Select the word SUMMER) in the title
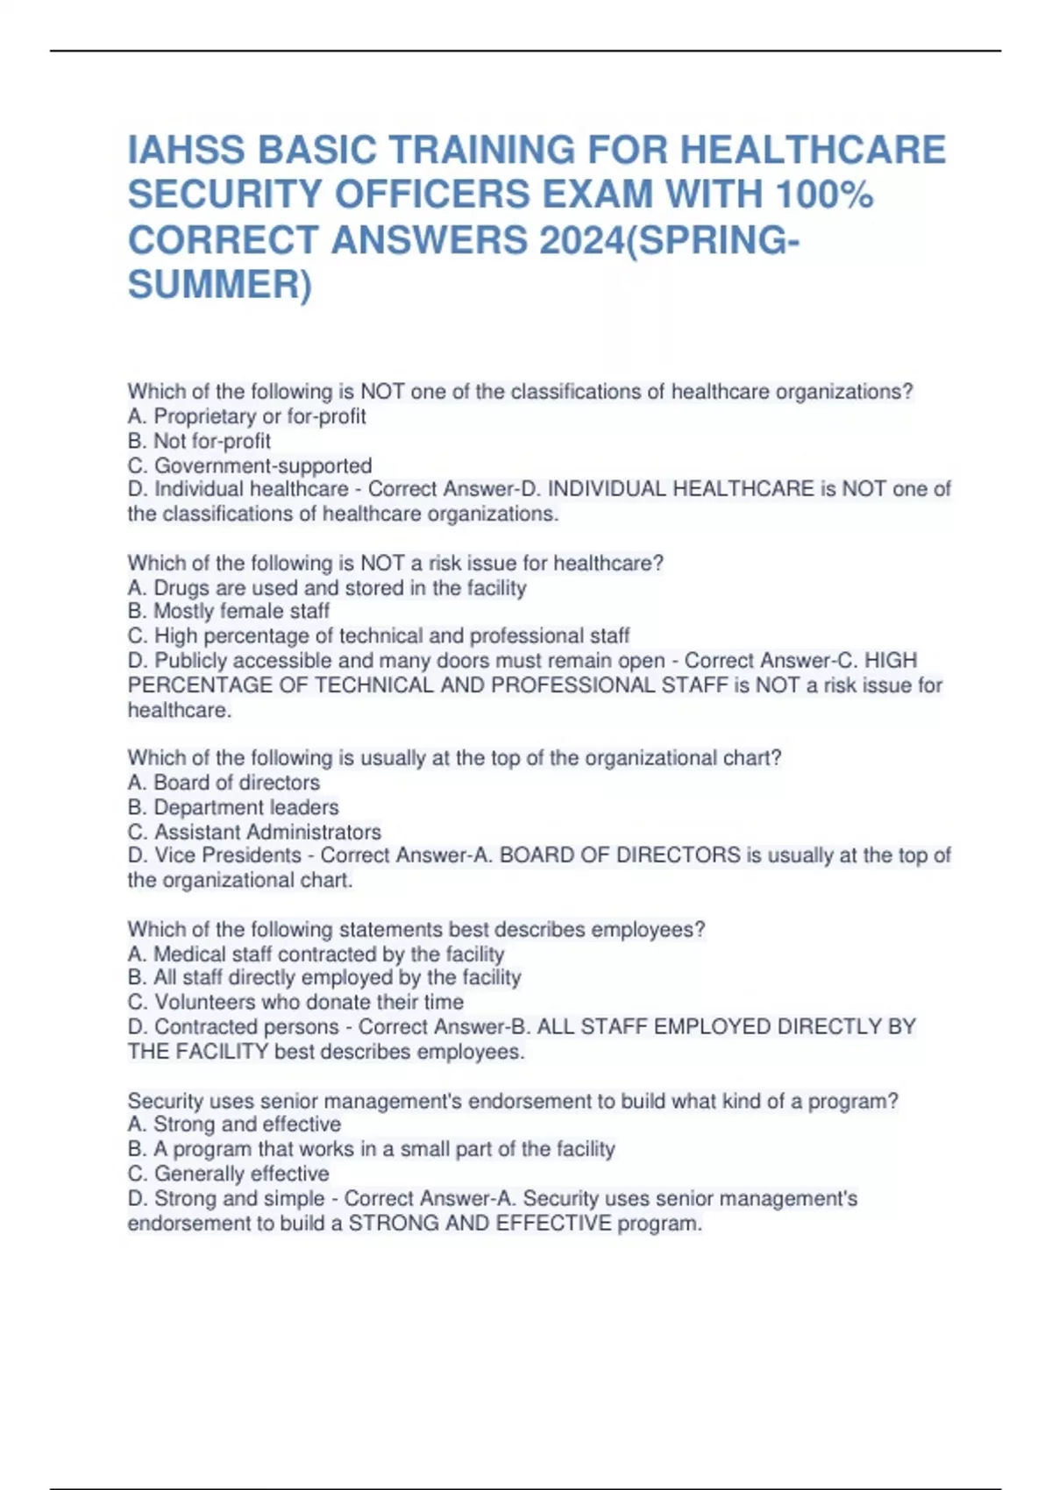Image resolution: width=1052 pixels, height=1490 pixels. (219, 285)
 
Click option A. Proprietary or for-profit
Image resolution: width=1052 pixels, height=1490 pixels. (246, 416)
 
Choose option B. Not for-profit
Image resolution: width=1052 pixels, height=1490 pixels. (199, 441)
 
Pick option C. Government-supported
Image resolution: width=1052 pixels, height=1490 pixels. (250, 465)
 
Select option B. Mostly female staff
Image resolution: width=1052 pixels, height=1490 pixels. (229, 611)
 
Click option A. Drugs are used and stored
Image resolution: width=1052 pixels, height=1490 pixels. (327, 587)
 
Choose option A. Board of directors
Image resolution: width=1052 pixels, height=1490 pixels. (224, 782)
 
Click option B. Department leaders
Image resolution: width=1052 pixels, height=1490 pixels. (233, 806)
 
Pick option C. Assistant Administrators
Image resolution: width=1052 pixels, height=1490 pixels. (254, 831)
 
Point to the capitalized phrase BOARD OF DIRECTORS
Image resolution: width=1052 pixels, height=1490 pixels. (620, 855)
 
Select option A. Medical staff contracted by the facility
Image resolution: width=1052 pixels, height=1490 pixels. (316, 954)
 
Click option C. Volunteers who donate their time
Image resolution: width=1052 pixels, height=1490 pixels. (295, 1002)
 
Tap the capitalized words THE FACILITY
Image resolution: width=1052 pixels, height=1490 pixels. (198, 1051)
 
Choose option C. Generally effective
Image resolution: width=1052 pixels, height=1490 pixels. (229, 1174)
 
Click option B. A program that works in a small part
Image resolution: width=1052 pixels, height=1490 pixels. (371, 1149)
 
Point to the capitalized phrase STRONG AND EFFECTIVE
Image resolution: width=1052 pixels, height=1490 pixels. (480, 1223)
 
